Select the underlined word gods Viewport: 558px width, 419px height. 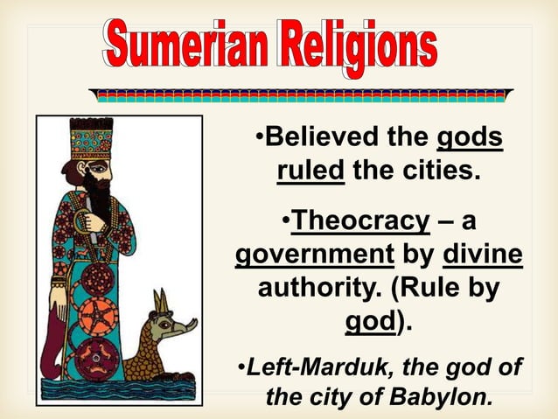point(470,138)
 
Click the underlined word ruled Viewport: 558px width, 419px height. point(310,169)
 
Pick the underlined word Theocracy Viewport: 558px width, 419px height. point(360,220)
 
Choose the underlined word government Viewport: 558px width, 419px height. point(312,256)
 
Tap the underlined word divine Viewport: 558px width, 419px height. point(484,256)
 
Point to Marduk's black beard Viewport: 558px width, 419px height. point(94,198)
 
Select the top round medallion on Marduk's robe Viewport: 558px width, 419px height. point(97,279)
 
